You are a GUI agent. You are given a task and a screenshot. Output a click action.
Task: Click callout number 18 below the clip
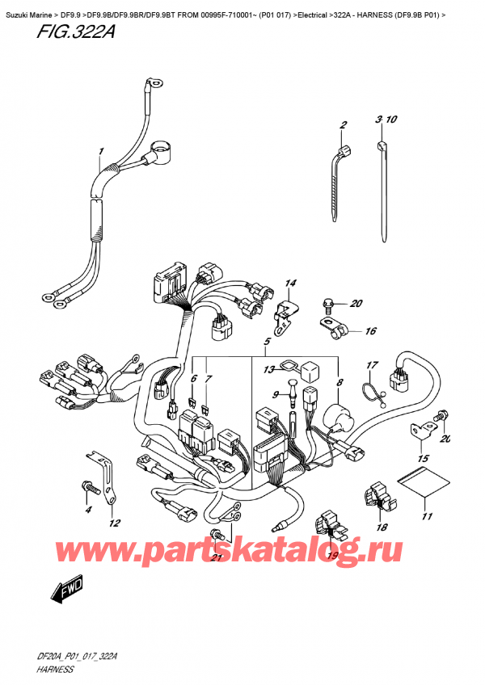pos(382,527)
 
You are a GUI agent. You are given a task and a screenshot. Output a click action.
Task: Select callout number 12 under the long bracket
pos(115,523)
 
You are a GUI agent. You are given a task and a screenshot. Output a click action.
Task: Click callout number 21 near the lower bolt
pos(214,558)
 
